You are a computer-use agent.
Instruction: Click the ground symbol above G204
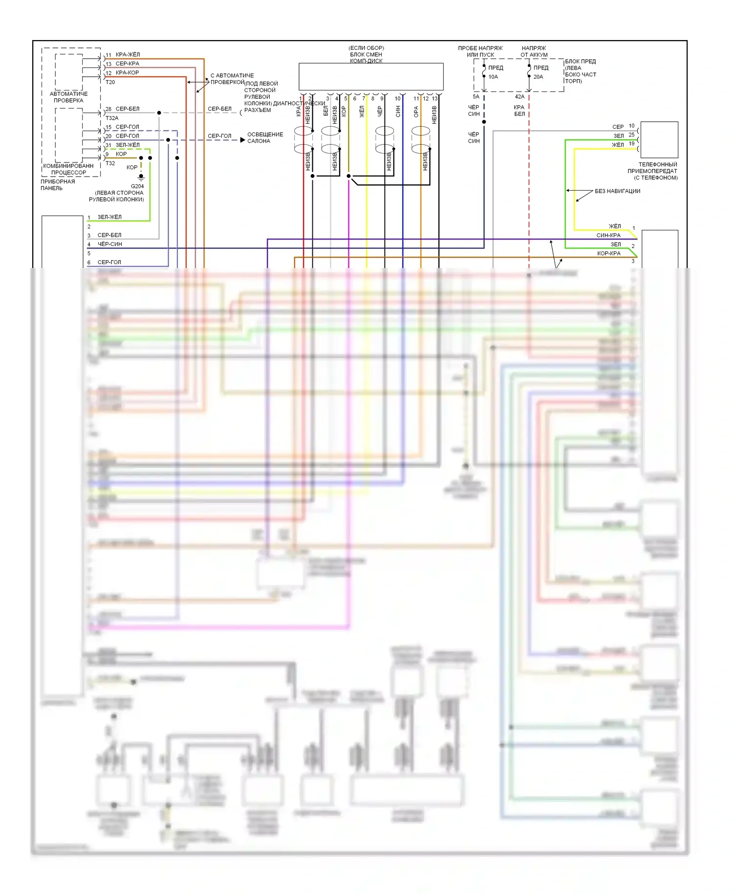141,177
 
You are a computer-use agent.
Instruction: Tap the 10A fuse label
493,77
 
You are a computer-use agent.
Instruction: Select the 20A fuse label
538,77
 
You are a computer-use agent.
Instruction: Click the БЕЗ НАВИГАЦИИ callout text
617,191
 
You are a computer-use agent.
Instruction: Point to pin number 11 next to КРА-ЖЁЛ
108,55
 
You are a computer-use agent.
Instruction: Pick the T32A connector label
112,118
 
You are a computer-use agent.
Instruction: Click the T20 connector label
110,82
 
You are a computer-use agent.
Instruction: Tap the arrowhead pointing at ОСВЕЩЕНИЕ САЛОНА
242,140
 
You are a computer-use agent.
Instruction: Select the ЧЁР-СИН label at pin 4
110,244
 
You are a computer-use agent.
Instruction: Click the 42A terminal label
519,97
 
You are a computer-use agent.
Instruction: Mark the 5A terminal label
476,97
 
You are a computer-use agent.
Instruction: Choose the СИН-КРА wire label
608,235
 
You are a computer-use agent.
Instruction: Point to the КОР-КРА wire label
609,253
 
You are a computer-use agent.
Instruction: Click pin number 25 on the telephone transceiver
631,134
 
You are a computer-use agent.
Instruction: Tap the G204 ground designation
137,186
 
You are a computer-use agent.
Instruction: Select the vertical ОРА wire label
416,112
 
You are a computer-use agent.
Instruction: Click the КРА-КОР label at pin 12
127,73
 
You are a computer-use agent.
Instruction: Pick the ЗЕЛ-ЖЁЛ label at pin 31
128,145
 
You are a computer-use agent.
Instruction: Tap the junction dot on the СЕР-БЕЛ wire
159,113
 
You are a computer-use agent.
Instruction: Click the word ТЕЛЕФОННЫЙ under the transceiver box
658,165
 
